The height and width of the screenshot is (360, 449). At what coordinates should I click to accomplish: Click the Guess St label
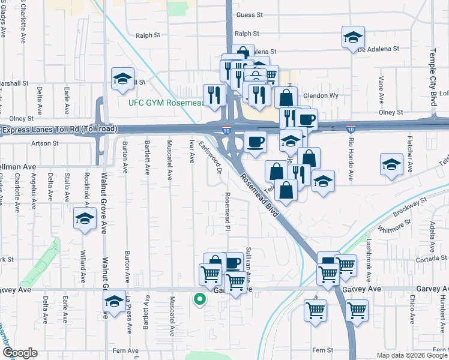250,14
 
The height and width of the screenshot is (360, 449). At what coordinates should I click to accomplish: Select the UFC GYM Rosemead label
164,102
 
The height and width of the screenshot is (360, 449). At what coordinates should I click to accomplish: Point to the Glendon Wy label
321,95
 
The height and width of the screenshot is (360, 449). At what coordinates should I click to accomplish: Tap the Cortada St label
433,258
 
